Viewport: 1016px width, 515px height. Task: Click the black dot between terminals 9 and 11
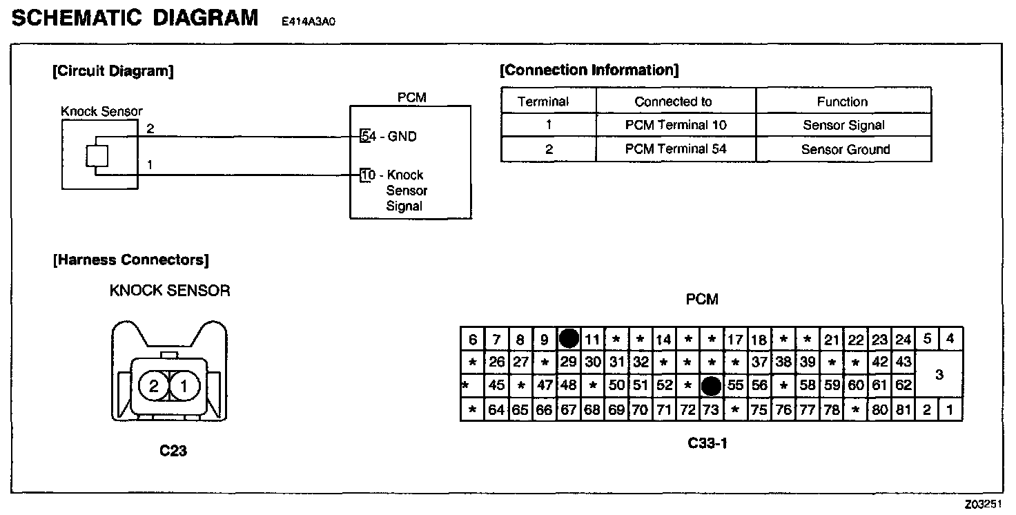pyautogui.click(x=569, y=338)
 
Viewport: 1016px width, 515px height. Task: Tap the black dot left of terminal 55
pyautogui.click(x=711, y=386)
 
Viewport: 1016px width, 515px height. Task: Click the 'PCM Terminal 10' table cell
pyautogui.click(x=676, y=126)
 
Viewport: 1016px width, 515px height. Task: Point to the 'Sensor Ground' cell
pyautogui.click(x=845, y=149)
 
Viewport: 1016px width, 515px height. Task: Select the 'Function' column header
pyautogui.click(x=842, y=101)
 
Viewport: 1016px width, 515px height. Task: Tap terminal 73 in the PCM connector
pyautogui.click(x=711, y=410)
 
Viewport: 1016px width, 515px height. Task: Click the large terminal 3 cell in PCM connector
pyautogui.click(x=939, y=375)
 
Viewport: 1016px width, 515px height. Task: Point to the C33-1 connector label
pyautogui.click(x=707, y=443)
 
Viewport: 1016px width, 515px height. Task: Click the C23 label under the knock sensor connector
pyautogui.click(x=173, y=451)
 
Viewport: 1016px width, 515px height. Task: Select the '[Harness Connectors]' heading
pyautogui.click(x=130, y=260)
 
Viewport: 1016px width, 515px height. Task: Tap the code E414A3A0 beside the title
pyautogui.click(x=308, y=21)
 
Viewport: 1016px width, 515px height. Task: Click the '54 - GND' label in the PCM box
pyautogui.click(x=390, y=137)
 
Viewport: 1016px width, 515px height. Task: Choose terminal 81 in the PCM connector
pyautogui.click(x=903, y=410)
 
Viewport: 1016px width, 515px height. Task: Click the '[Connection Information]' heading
pyautogui.click(x=589, y=70)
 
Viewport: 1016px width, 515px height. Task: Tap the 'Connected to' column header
pyautogui.click(x=673, y=101)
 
